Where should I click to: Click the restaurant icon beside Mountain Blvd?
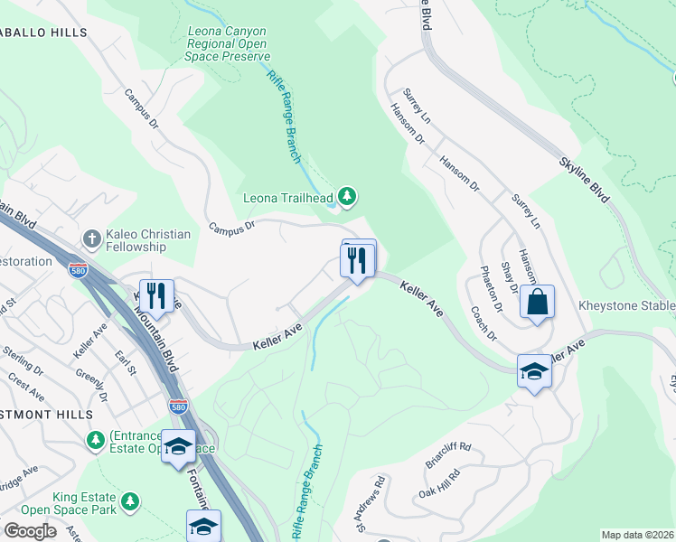tap(155, 295)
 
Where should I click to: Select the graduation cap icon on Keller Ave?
tap(534, 370)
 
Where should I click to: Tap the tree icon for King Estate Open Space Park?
tap(131, 500)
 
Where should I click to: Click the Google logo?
tap(30, 531)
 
